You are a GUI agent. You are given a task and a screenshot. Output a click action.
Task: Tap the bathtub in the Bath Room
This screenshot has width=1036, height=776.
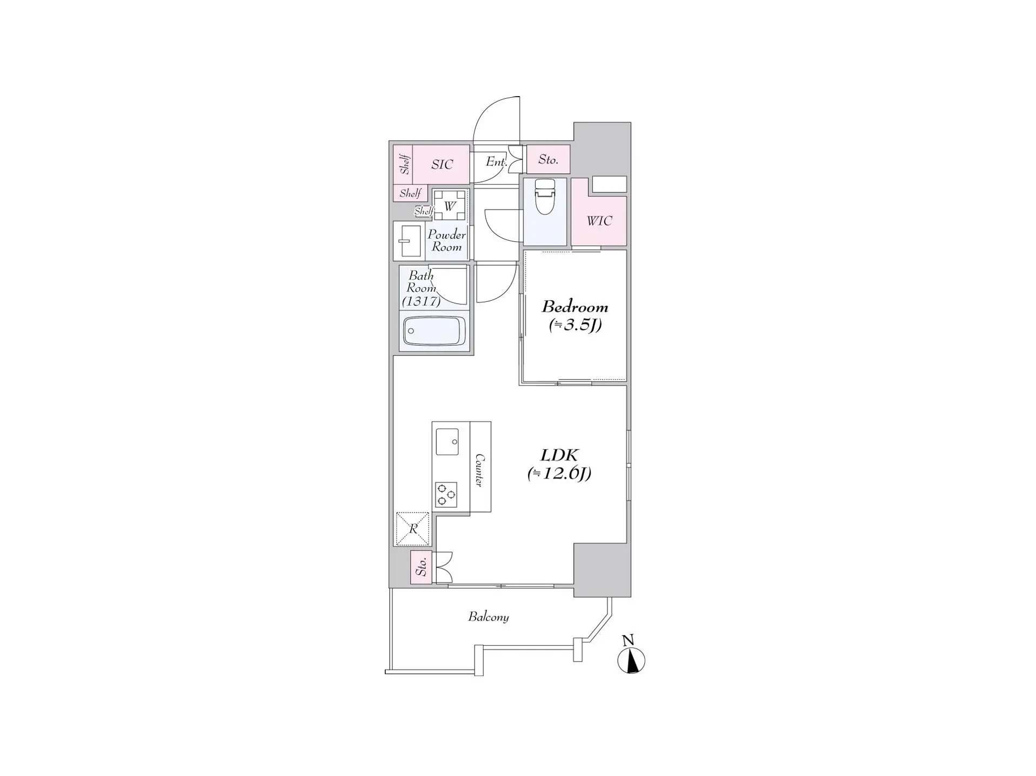click(x=434, y=330)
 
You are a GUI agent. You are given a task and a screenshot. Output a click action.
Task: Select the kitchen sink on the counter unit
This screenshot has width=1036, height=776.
click(x=447, y=441)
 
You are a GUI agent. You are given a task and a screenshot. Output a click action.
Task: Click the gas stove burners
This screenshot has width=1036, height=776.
click(x=446, y=495)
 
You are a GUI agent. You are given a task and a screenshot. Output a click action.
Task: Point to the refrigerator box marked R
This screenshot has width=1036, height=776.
click(x=413, y=529)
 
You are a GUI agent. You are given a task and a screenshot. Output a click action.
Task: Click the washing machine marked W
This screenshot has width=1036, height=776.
click(x=449, y=205)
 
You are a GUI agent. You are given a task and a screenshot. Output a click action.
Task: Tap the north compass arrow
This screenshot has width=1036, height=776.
click(x=631, y=660)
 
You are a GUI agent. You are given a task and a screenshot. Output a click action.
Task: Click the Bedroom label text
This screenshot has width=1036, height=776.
click(x=575, y=307)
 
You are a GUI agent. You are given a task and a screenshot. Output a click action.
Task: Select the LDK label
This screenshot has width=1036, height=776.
click(x=559, y=455)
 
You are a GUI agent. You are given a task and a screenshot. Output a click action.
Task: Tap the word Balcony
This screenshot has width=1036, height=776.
click(x=489, y=617)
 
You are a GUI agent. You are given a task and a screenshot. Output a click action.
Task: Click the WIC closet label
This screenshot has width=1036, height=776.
click(x=599, y=220)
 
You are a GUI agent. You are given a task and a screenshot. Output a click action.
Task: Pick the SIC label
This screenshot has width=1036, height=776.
click(x=442, y=164)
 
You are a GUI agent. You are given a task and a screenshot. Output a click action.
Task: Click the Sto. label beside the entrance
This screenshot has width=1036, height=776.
click(x=548, y=159)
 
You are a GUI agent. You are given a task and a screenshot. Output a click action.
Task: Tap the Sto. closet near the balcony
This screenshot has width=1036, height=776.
click(x=422, y=567)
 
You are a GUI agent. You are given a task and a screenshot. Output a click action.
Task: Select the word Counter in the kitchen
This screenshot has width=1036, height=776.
click(x=479, y=470)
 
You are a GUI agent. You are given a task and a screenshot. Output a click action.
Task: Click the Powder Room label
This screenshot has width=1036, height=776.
click(x=446, y=241)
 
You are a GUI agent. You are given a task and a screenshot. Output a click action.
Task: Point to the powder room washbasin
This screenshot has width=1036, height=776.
click(x=409, y=241)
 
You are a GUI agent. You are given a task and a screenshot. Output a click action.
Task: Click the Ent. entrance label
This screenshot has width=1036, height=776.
click(x=496, y=161)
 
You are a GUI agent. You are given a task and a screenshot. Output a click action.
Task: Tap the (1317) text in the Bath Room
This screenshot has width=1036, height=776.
click(x=421, y=301)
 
